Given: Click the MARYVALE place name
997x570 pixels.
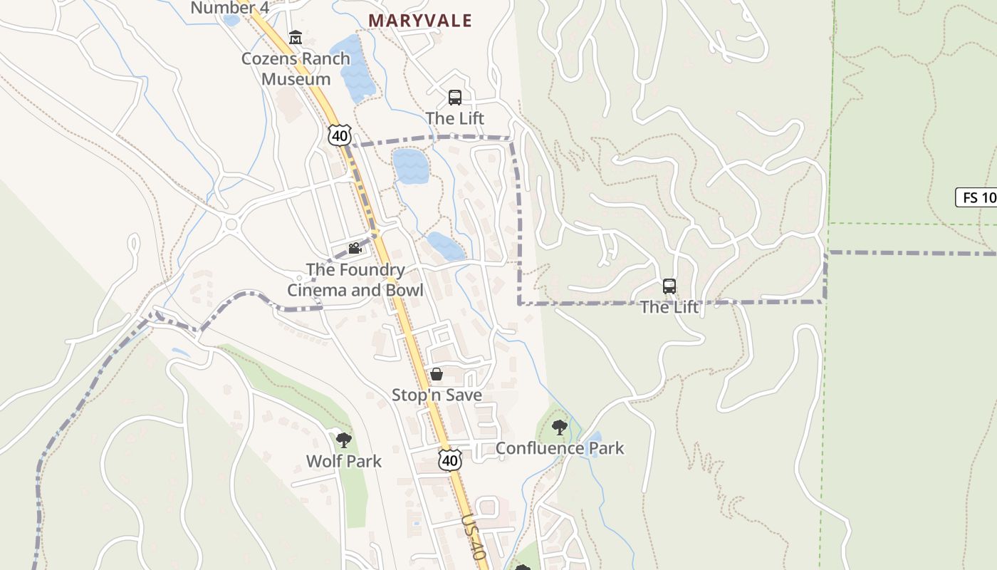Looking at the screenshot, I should pos(420,21).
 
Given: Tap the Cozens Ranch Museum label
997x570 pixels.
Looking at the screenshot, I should pos(296,68).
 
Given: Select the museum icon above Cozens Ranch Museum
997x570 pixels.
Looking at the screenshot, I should pos(295,37).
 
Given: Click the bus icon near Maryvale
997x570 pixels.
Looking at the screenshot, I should pos(454,98).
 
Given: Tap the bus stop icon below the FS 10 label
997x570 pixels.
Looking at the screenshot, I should pos(669,286).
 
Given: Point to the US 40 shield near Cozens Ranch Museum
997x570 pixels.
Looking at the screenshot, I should pos(340,135).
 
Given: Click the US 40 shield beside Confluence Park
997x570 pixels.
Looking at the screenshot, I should pos(449,460).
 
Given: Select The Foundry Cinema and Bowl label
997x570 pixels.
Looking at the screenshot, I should pos(355,280).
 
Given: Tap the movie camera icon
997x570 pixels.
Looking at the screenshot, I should pos(355,248).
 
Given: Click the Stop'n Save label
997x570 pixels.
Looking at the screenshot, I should pos(437,395).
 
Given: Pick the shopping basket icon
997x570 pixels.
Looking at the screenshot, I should pos(437,374).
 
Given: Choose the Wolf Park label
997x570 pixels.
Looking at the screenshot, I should pos(344,461).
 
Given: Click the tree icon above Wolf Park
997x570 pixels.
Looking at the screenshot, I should pos(344,440).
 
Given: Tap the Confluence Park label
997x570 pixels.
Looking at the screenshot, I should pos(560,448).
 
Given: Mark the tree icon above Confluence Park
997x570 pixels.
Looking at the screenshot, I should pos(560,427).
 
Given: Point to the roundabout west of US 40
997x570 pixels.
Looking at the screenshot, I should pos(231,225).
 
